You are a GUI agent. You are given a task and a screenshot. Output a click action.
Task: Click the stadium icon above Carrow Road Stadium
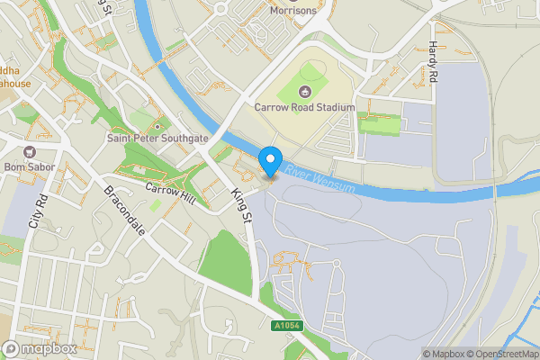click(x=304, y=91)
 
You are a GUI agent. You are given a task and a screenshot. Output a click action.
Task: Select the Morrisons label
click(x=294, y=11)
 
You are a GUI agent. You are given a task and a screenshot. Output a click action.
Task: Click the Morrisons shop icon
click(x=220, y=9)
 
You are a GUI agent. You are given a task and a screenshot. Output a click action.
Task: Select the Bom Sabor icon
click(x=31, y=151)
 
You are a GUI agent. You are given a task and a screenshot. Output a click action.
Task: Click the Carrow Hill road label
click(x=171, y=192)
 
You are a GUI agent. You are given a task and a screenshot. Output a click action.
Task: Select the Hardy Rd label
click(x=434, y=62)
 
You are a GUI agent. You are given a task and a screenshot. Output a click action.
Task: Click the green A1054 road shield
click(x=285, y=326)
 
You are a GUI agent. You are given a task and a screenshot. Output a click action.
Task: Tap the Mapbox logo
click(x=40, y=348)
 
